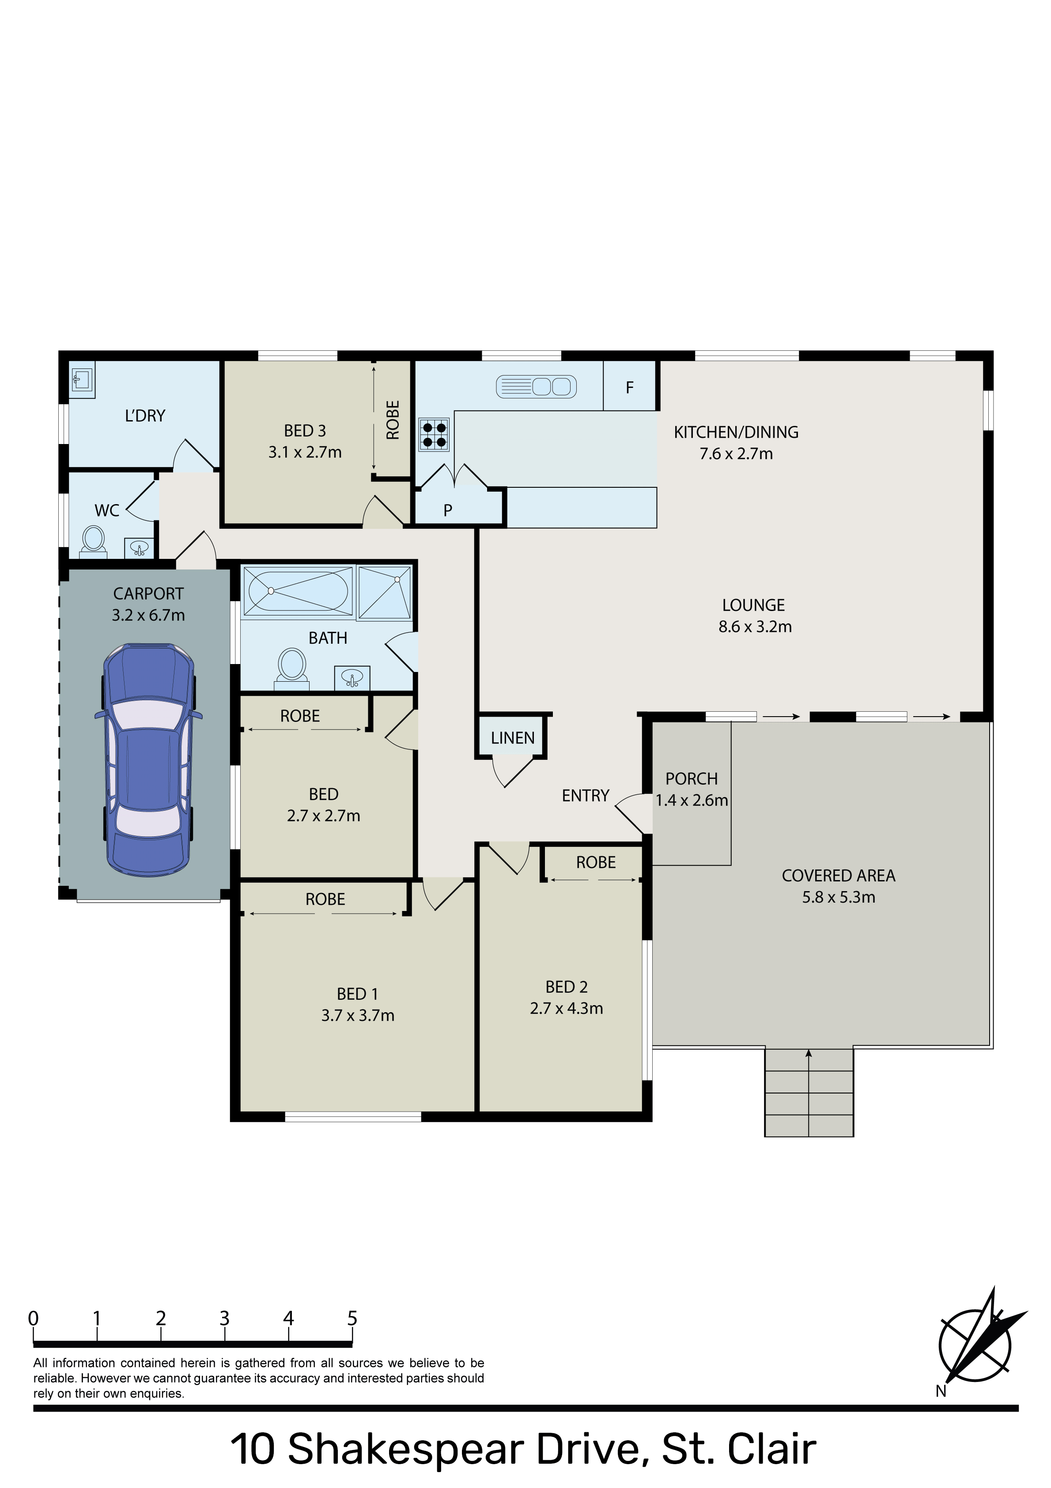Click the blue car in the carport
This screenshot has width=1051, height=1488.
(x=148, y=759)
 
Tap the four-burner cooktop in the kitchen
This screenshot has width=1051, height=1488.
(x=434, y=435)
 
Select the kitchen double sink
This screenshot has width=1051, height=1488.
(x=536, y=387)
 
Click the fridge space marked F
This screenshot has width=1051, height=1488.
(x=630, y=387)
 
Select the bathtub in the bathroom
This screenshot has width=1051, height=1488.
(x=298, y=590)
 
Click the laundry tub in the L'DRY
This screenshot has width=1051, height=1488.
(x=82, y=379)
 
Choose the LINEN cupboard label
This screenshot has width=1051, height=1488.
(x=513, y=738)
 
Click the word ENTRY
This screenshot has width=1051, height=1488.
(x=586, y=796)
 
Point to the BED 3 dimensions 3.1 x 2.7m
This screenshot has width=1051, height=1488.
(x=305, y=452)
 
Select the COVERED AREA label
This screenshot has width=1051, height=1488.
(x=839, y=876)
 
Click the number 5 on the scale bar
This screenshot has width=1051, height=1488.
(x=352, y=1318)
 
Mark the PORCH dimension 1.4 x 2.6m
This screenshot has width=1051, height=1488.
(x=692, y=801)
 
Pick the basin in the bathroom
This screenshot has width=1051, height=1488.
(x=352, y=678)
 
